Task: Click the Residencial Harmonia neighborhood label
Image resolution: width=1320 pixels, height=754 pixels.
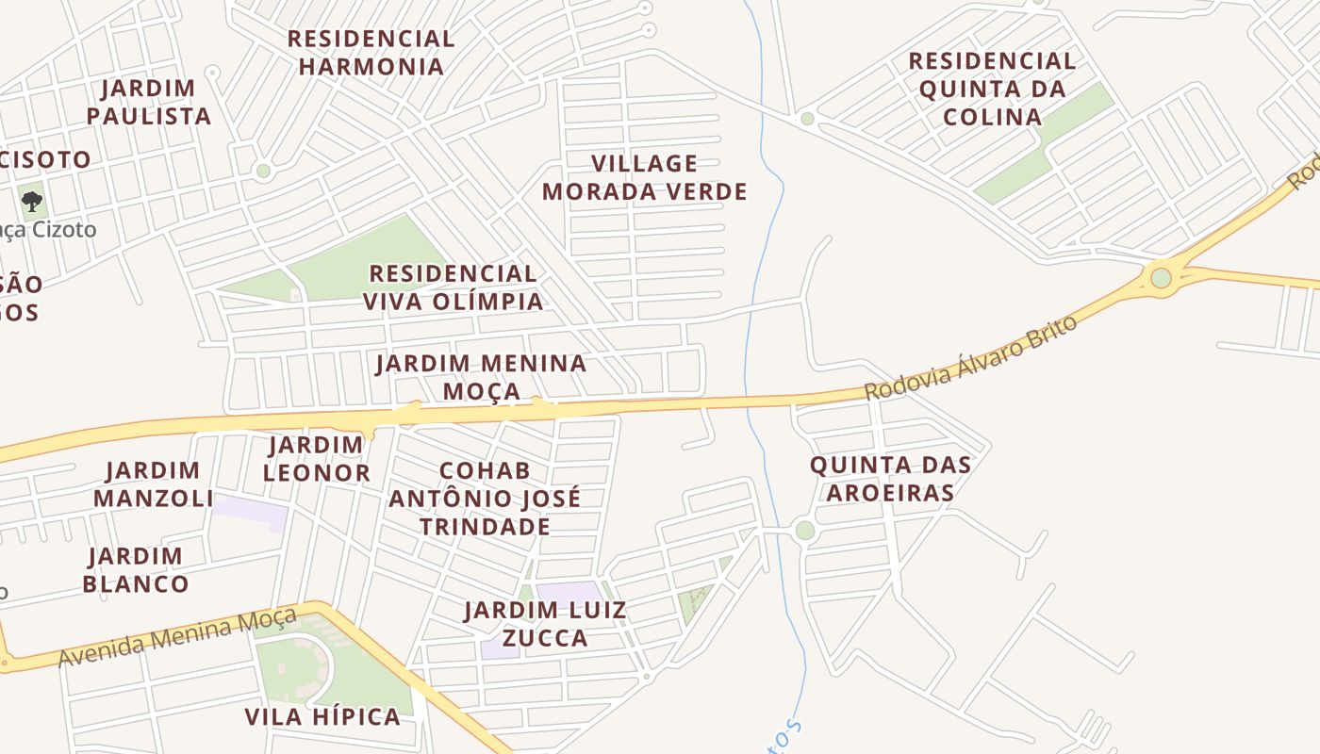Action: [371, 53]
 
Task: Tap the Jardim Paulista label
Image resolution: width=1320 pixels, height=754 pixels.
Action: [148, 102]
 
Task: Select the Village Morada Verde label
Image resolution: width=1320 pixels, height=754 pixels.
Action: [645, 177]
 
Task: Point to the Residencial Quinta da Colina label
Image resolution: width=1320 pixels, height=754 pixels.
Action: [992, 89]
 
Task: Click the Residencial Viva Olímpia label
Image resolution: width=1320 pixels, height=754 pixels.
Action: [453, 287]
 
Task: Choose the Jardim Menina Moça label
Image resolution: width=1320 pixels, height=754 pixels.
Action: [481, 376]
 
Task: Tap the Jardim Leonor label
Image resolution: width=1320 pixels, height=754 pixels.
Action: [316, 458]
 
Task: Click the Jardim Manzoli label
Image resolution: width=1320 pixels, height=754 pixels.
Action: [154, 484]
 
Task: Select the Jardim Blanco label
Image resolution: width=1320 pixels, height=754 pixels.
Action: [136, 569]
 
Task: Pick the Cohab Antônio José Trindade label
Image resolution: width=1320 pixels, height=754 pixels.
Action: [485, 498]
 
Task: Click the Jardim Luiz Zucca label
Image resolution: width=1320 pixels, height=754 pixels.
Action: [545, 624]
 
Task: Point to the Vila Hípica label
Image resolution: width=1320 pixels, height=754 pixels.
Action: [322, 716]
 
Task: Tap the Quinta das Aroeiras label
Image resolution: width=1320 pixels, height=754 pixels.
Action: [890, 478]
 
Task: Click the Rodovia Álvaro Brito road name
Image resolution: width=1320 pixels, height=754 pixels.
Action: [970, 358]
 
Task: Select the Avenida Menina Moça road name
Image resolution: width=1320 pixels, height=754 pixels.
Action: [177, 637]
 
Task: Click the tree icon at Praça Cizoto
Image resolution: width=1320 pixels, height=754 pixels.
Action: [32, 201]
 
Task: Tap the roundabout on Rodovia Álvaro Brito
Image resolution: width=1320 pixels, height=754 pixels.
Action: [1161, 278]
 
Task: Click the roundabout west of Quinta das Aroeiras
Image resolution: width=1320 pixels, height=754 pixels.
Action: [804, 530]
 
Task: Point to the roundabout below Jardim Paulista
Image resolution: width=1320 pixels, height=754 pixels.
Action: [263, 171]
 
